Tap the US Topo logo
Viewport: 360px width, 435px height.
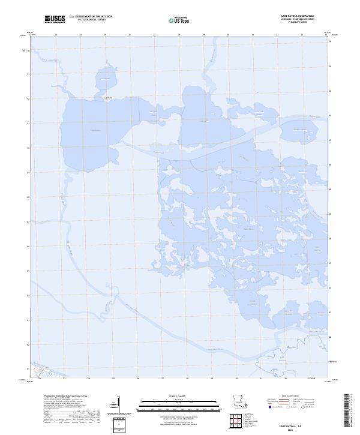(181, 20)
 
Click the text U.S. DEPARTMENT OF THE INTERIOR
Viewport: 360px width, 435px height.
(91, 17)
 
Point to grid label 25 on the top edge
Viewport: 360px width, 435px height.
(105, 34)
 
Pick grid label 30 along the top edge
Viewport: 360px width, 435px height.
(228, 34)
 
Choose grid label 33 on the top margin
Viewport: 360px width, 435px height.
(302, 34)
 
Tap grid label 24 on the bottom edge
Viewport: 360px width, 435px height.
(88, 379)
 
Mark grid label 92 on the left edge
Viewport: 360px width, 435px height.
(28, 98)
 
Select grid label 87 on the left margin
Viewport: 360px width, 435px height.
(28, 221)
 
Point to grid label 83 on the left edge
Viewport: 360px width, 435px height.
(28, 320)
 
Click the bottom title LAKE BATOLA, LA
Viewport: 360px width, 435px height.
(295, 425)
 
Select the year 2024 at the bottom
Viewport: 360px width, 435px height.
(295, 430)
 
